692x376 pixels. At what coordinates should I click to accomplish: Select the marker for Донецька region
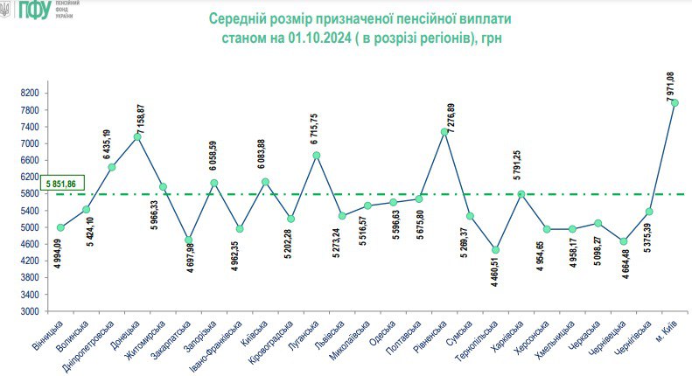click(137, 136)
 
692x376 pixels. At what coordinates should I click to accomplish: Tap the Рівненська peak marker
click(444, 132)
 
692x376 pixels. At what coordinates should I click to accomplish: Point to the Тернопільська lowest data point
click(495, 250)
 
